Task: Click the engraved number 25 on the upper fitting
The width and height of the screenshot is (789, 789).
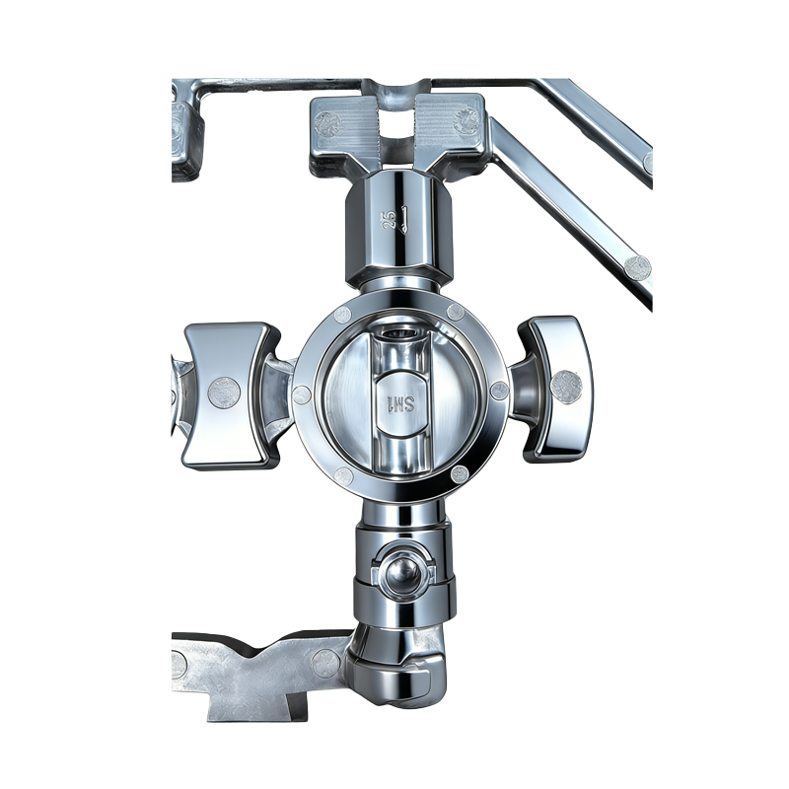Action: click(x=389, y=218)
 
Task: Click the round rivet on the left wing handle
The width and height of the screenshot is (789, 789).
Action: click(x=225, y=392)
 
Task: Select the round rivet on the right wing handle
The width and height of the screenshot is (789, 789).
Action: click(x=565, y=387)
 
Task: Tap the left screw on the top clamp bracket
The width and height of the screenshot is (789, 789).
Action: click(x=327, y=124)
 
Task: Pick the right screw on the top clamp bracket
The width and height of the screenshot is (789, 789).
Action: click(x=466, y=121)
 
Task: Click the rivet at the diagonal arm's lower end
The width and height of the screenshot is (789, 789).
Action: click(x=637, y=267)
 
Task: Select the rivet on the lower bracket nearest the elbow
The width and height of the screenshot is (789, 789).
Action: click(x=324, y=663)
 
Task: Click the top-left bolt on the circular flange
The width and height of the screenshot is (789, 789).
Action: click(x=343, y=316)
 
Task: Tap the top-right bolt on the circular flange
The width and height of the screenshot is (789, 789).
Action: click(x=455, y=312)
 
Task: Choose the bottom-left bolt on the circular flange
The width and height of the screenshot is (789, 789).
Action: click(x=343, y=476)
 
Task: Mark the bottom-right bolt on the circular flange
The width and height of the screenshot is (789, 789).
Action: click(x=460, y=474)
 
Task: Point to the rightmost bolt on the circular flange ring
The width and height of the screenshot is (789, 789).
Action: click(x=499, y=391)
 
